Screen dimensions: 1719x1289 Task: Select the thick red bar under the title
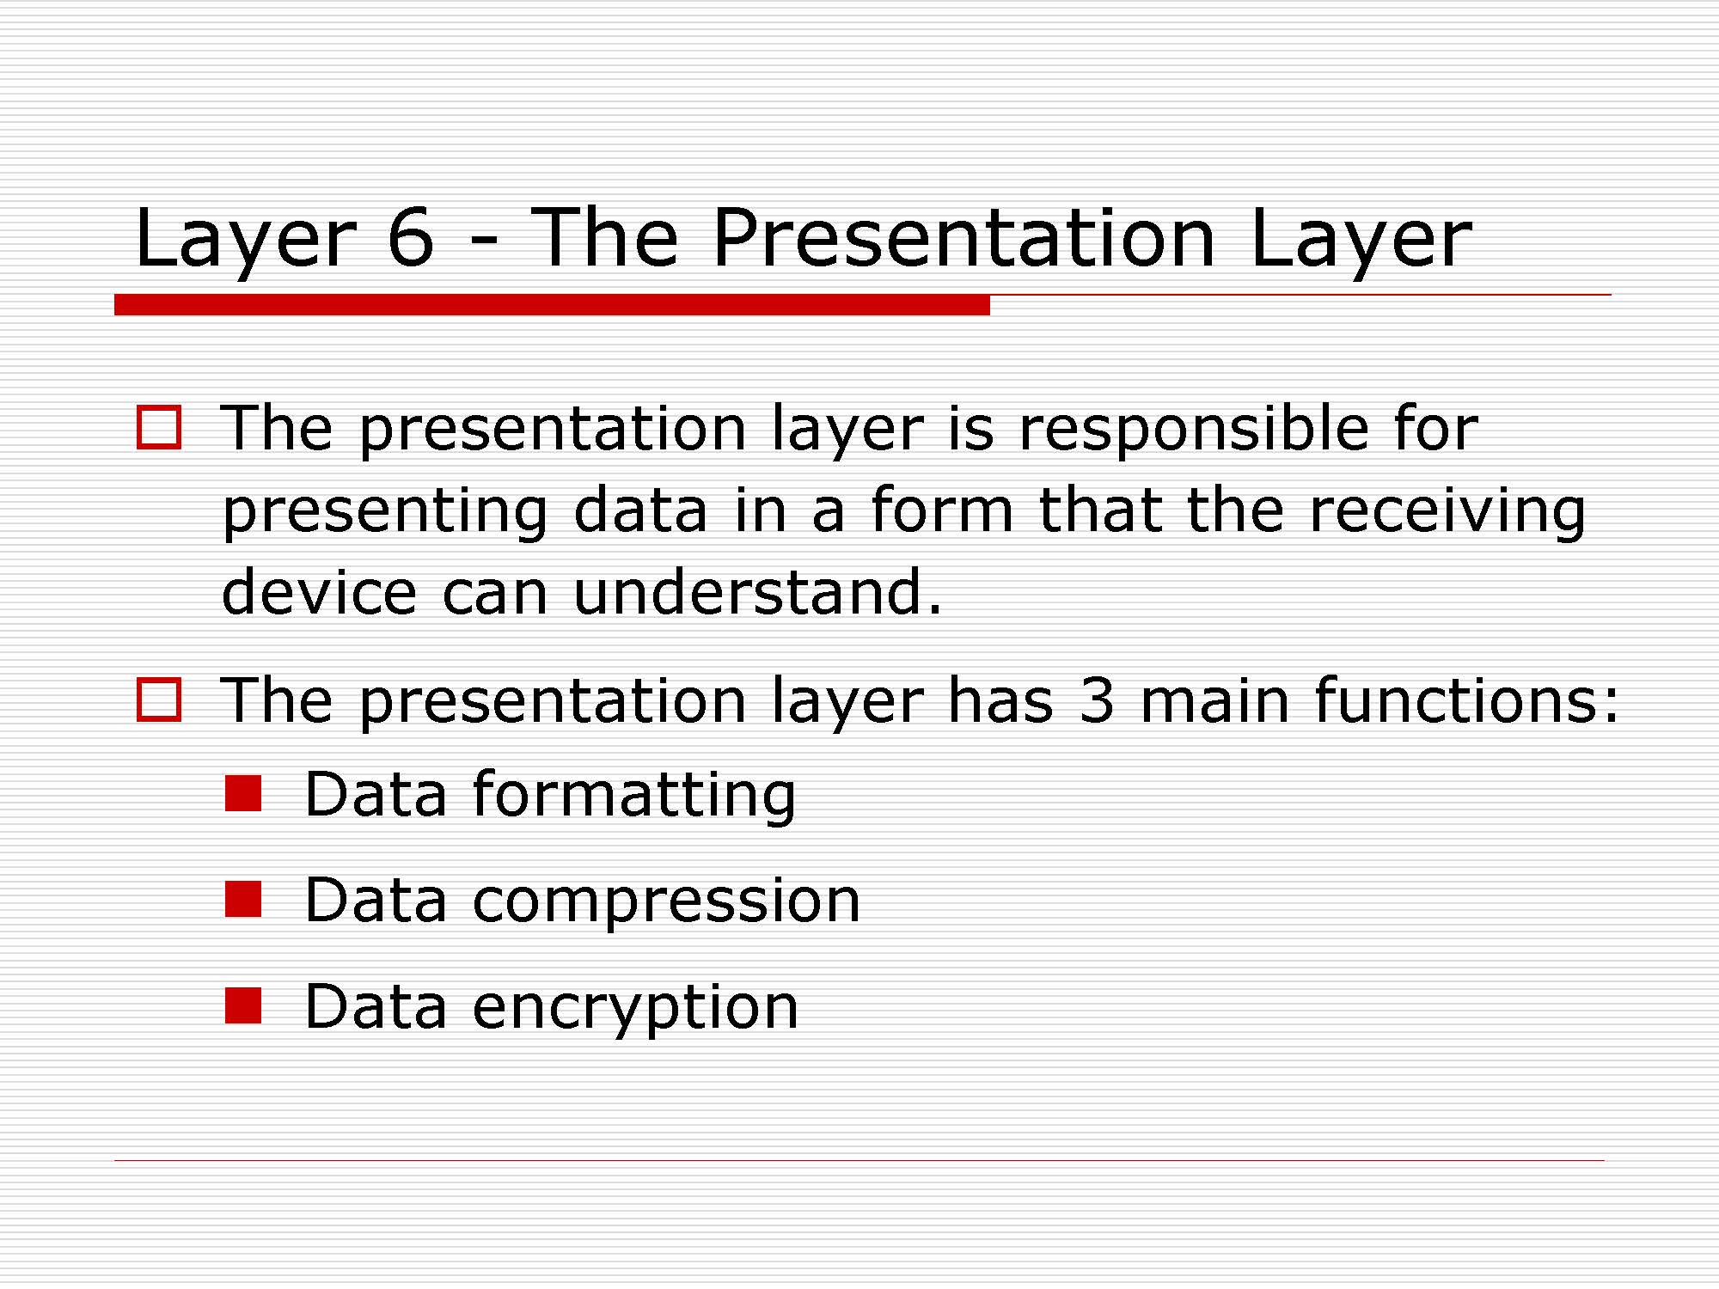coord(552,304)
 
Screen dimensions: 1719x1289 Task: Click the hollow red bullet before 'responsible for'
coord(159,427)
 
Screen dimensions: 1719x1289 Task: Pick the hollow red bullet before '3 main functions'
coord(159,699)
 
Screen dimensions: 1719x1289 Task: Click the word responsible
coord(1193,430)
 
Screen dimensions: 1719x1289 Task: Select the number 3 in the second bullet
coord(1097,700)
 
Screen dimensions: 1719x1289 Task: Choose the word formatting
coord(634,795)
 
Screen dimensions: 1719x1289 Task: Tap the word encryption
coord(635,1008)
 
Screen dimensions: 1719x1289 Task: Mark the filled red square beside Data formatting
coord(243,794)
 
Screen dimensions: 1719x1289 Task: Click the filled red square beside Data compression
coord(243,900)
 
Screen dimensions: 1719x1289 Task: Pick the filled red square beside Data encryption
coord(243,1005)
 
